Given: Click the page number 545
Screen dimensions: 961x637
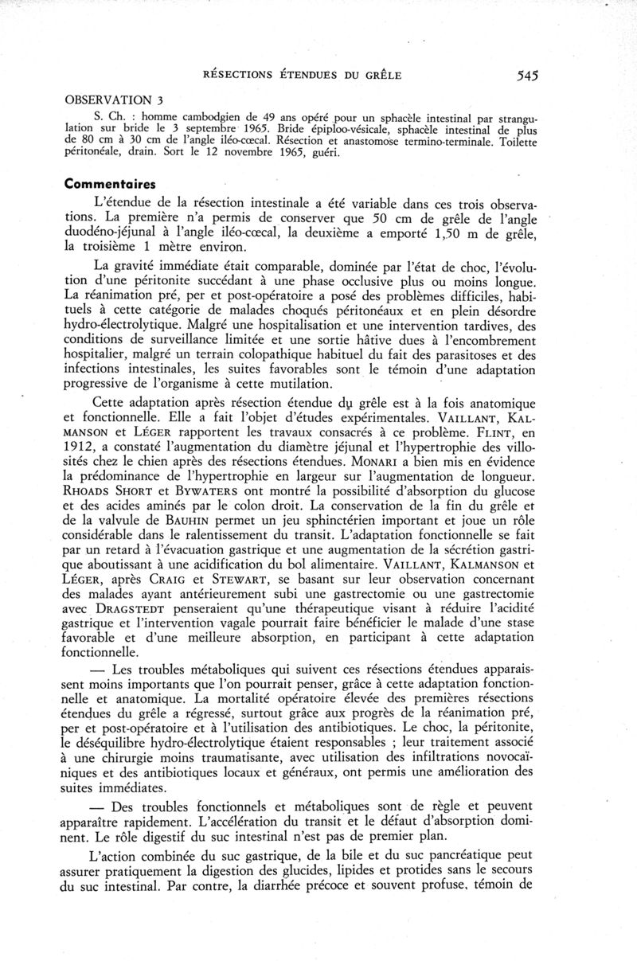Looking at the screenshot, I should pos(527,76).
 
